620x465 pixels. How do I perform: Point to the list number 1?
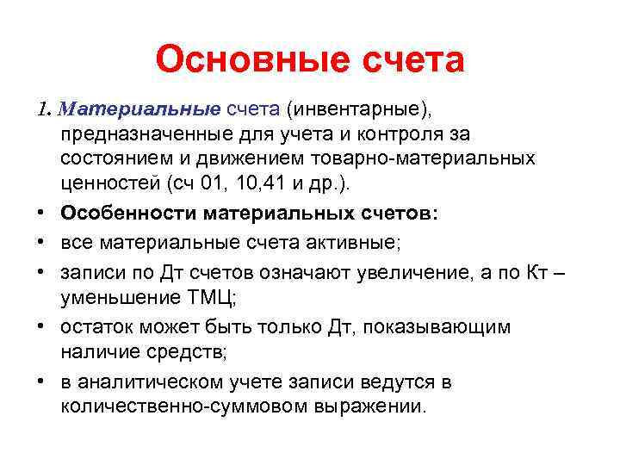tap(43, 110)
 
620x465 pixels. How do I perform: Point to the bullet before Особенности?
tap(42, 215)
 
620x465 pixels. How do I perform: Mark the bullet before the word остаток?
tap(42, 327)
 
